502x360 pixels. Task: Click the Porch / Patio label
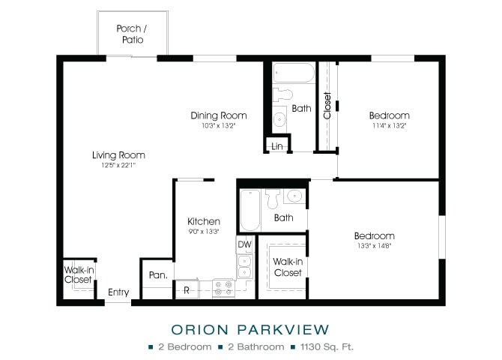point(132,34)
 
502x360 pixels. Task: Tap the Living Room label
point(119,155)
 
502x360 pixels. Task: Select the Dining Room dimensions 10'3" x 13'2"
point(218,126)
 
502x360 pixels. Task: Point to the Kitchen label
point(204,221)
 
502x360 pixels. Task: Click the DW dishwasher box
point(244,244)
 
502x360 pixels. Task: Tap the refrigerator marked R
point(187,290)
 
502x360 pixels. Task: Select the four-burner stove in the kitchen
point(223,288)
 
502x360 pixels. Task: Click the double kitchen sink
point(244,267)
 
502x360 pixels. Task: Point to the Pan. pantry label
point(158,275)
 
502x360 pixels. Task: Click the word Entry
point(118,292)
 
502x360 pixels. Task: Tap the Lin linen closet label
point(277,146)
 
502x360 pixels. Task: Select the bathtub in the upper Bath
point(294,73)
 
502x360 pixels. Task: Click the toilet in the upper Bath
point(282,94)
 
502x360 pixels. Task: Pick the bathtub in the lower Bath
point(250,210)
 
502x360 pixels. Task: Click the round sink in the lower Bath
point(294,196)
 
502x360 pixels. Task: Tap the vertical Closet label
point(327,106)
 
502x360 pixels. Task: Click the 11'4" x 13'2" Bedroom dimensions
point(389,126)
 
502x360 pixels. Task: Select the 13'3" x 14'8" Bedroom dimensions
point(375,246)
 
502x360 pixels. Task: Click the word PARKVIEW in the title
point(283,329)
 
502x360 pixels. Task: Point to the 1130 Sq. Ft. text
point(327,346)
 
